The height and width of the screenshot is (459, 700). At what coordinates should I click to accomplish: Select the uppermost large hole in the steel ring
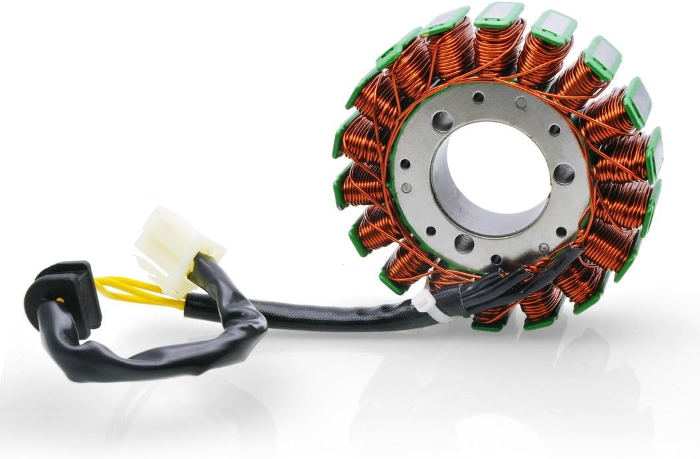[x=442, y=121]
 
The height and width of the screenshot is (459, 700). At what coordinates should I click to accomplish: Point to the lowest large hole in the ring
[x=465, y=242]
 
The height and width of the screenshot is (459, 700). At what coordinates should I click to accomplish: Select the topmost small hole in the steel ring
[x=479, y=98]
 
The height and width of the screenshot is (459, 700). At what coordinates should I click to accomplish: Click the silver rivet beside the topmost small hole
[x=521, y=103]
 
